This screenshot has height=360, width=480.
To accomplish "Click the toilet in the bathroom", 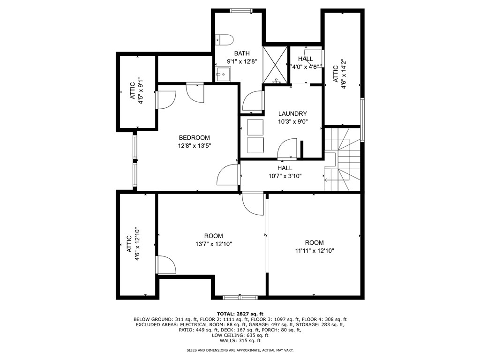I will click(221, 39).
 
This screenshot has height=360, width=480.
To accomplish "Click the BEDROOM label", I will click(194, 138).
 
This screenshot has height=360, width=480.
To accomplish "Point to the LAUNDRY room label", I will click(292, 113).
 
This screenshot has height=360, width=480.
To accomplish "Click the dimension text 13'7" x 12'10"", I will click(214, 244).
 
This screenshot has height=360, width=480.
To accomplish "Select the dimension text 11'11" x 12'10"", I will click(314, 251).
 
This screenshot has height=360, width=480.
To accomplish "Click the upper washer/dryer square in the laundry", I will click(256, 127).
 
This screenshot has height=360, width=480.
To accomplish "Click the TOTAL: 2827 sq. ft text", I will click(240, 314).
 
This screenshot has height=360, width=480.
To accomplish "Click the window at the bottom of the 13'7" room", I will click(240, 297).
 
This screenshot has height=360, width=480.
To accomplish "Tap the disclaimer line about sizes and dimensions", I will click(240, 350).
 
